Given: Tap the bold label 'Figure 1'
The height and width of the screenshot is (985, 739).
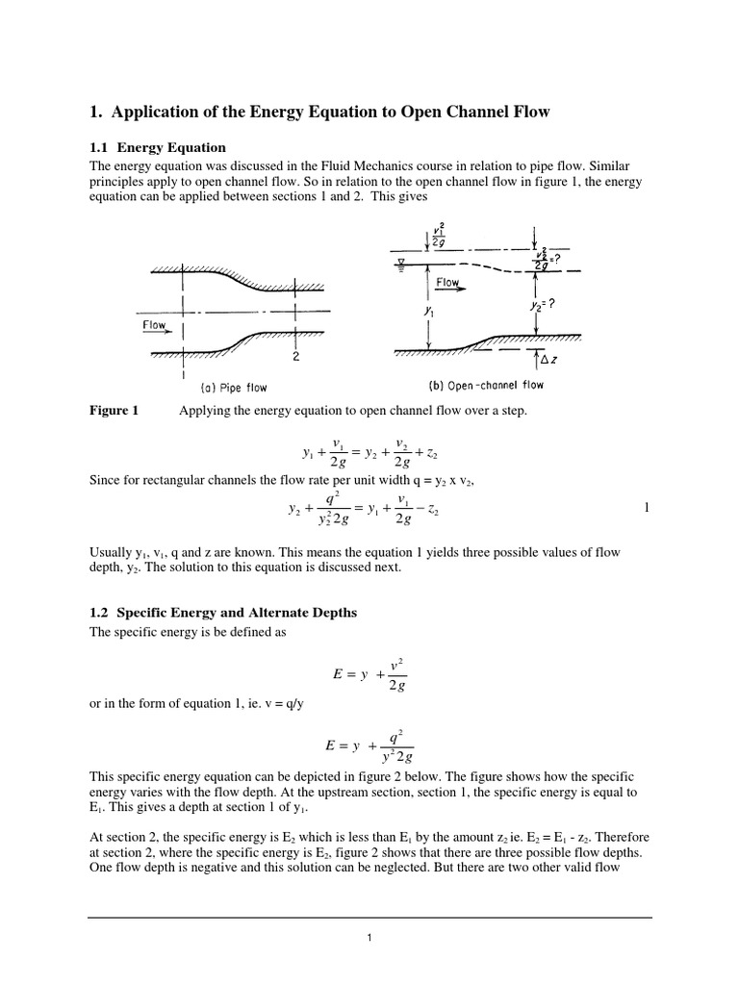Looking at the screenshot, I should pyautogui.click(x=114, y=411).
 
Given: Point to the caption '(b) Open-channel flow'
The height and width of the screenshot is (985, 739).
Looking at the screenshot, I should pyautogui.click(x=485, y=386).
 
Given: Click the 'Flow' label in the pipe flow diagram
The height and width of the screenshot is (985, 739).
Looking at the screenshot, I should pyautogui.click(x=155, y=325).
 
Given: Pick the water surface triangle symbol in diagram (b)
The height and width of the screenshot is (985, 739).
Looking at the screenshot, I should pyautogui.click(x=397, y=262).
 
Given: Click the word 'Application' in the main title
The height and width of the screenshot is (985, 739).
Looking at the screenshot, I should pyautogui.click(x=164, y=113).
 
